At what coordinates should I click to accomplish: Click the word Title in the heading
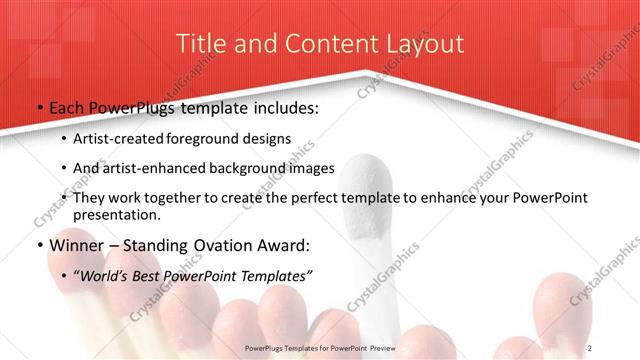click(199, 44)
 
